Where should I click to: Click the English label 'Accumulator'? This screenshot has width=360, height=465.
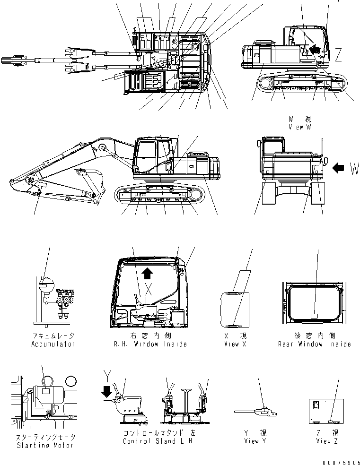[53, 344]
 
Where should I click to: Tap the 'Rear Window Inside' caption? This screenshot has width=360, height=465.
[314, 344]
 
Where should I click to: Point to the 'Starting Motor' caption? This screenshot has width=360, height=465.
[45, 445]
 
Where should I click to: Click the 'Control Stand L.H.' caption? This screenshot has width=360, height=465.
[158, 441]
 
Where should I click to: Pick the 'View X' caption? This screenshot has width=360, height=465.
[235, 344]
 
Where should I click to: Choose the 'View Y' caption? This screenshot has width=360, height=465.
[251, 441]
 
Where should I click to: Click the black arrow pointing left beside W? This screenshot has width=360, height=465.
[339, 167]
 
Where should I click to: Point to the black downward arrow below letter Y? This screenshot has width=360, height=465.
[107, 391]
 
